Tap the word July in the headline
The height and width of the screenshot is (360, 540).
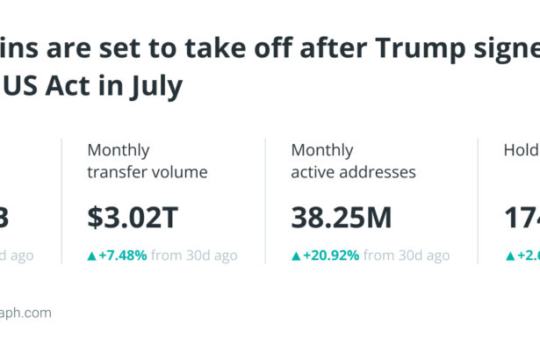click(156, 86)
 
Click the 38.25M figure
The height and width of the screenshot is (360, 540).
click(342, 217)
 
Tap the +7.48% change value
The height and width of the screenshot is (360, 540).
click(123, 256)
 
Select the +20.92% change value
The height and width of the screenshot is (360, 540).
click(331, 256)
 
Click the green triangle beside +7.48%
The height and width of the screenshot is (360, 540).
click(91, 256)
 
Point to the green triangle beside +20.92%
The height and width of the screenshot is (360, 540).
click(296, 256)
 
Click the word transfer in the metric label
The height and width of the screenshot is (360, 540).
click(119, 172)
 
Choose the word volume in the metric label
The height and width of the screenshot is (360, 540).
click(182, 172)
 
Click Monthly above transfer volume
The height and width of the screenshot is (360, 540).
click(119, 150)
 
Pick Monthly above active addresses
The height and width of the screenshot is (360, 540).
click(322, 150)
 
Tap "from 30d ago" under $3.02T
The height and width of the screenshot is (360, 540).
click(194, 256)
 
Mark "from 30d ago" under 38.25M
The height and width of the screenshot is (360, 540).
click(407, 256)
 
